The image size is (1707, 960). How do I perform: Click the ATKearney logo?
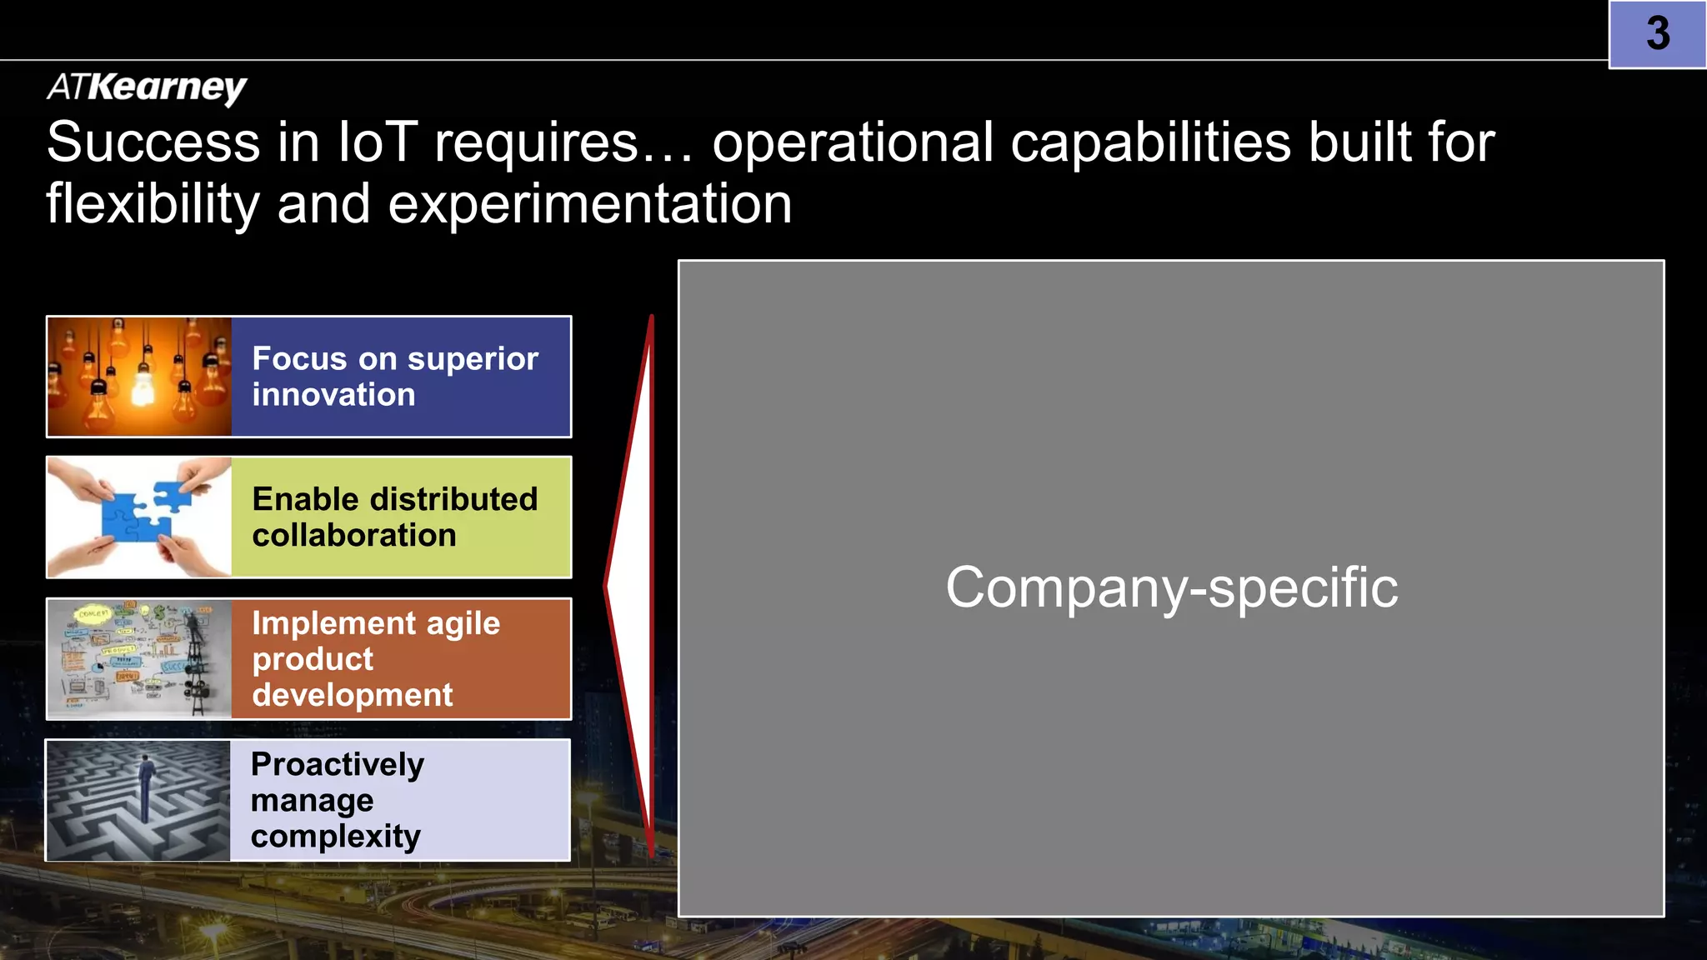[147, 87]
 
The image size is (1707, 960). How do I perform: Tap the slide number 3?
[1657, 34]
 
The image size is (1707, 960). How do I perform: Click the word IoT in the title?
[377, 142]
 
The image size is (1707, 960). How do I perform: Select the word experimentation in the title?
[589, 204]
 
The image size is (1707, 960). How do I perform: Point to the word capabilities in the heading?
[1150, 142]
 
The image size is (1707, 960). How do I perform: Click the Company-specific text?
[1171, 587]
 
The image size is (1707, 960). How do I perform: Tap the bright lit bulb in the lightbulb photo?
[143, 386]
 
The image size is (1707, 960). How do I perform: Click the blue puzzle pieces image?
[138, 517]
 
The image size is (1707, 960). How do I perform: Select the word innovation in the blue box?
[333, 395]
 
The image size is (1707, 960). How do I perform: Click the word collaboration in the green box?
[354, 536]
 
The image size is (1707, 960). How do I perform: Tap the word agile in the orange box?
[463, 624]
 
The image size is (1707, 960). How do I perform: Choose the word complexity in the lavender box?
[335, 837]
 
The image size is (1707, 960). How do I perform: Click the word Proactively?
[338, 764]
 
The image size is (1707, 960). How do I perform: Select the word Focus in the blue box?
[299, 358]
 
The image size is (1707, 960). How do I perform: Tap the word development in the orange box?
[352, 695]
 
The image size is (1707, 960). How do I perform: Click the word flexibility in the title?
[153, 204]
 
